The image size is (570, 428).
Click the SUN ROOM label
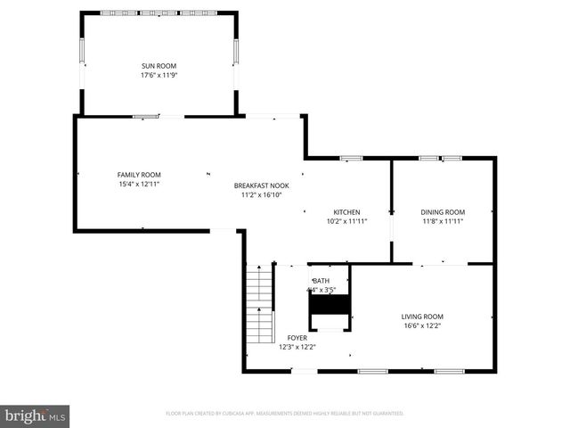[159, 66]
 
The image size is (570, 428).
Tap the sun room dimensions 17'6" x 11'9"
[159, 75]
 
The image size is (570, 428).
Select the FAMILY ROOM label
[139, 174]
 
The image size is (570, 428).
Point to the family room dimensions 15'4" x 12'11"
[139, 184]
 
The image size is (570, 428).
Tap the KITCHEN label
[346, 211]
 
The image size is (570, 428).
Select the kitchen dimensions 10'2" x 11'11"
[346, 221]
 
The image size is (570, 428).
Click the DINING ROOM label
[443, 211]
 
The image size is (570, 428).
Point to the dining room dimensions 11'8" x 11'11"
[443, 221]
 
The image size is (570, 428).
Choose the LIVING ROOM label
[421, 317]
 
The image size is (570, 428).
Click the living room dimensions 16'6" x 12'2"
[421, 326]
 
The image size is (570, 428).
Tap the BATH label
[321, 281]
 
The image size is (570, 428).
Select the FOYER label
[297, 338]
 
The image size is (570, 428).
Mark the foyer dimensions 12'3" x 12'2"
[297, 347]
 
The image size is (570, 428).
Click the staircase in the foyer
[258, 299]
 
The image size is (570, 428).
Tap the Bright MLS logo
[36, 416]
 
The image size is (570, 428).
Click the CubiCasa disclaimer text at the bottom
[285, 414]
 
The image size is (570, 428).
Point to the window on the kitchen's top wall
[352, 159]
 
